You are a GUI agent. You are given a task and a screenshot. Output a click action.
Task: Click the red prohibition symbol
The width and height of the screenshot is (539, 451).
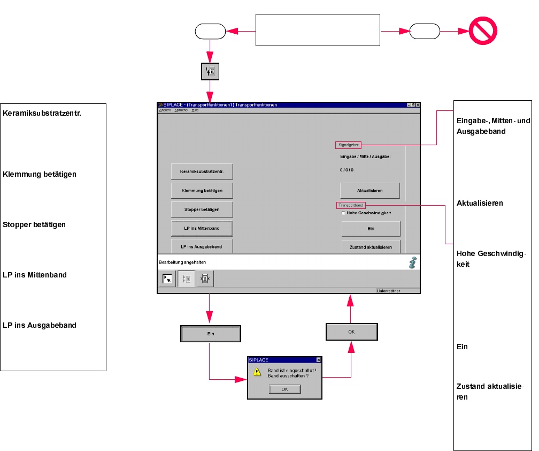point(483,31)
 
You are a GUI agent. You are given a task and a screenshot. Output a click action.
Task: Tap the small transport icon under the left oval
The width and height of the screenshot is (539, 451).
point(210,72)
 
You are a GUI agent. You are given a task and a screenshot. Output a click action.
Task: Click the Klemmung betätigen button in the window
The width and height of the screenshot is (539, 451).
point(202,190)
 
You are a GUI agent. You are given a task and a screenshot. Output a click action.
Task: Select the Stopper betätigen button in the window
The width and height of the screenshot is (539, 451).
point(202,209)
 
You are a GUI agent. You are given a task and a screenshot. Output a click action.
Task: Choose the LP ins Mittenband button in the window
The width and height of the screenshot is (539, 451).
point(202,228)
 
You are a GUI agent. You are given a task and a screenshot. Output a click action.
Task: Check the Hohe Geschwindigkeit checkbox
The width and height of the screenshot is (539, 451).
point(343,213)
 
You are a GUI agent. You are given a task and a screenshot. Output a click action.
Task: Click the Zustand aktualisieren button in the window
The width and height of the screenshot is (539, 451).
point(371,247)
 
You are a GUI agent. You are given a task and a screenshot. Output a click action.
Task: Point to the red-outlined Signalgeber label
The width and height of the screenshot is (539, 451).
point(348,145)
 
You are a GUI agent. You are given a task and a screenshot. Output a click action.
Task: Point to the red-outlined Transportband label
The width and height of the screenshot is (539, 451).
point(351,205)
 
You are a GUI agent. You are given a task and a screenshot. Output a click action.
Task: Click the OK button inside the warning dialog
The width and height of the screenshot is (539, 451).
point(284,389)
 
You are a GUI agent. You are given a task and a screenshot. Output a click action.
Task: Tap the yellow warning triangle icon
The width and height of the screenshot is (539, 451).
point(257,372)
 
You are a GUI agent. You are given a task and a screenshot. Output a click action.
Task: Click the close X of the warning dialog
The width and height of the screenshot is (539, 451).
point(318,360)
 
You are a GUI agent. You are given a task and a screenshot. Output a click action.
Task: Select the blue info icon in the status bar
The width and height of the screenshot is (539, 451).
point(413,262)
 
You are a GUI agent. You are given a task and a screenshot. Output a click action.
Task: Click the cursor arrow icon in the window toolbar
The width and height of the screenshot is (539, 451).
point(167,279)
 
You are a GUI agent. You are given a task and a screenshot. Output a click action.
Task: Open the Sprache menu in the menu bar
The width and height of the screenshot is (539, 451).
point(181,110)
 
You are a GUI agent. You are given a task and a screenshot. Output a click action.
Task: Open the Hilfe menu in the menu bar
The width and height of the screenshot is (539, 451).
point(195,110)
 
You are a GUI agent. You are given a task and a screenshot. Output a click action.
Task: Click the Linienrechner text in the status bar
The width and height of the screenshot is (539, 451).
point(388,291)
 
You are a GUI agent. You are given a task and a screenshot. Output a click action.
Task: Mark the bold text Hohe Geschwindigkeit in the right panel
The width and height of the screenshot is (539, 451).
point(491,259)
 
